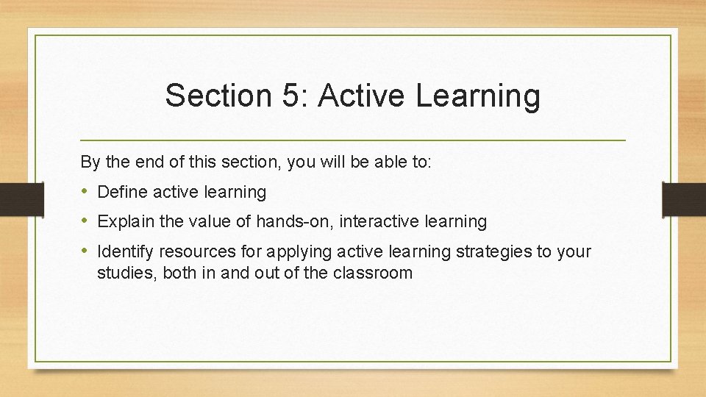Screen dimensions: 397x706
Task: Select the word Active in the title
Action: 361,96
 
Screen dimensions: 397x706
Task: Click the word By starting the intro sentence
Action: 89,162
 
